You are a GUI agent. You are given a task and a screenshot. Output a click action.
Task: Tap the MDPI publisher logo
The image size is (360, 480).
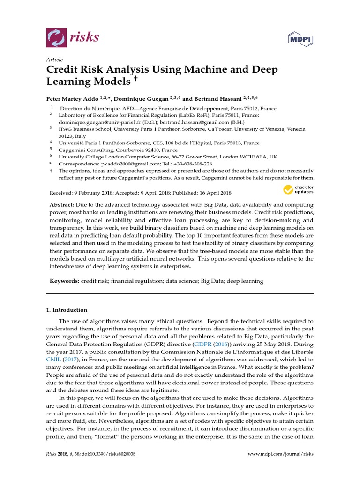[x=300, y=39]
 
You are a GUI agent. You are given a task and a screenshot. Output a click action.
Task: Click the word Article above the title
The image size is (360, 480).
[x=54, y=60]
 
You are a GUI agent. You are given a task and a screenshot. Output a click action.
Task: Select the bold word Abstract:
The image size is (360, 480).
[x=62, y=205]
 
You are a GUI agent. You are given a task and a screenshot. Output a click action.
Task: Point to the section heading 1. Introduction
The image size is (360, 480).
[x=66, y=310]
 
